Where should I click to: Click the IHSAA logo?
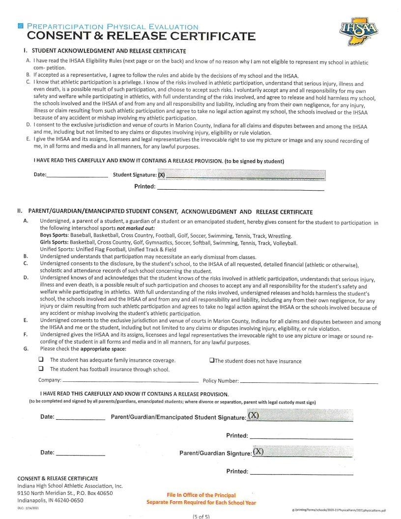coord(359,31)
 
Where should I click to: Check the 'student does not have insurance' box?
coord(211,360)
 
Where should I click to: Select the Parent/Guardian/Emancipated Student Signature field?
coord(300,417)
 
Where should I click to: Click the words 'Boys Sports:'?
coord(55,235)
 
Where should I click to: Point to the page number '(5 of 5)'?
coord(201,516)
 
